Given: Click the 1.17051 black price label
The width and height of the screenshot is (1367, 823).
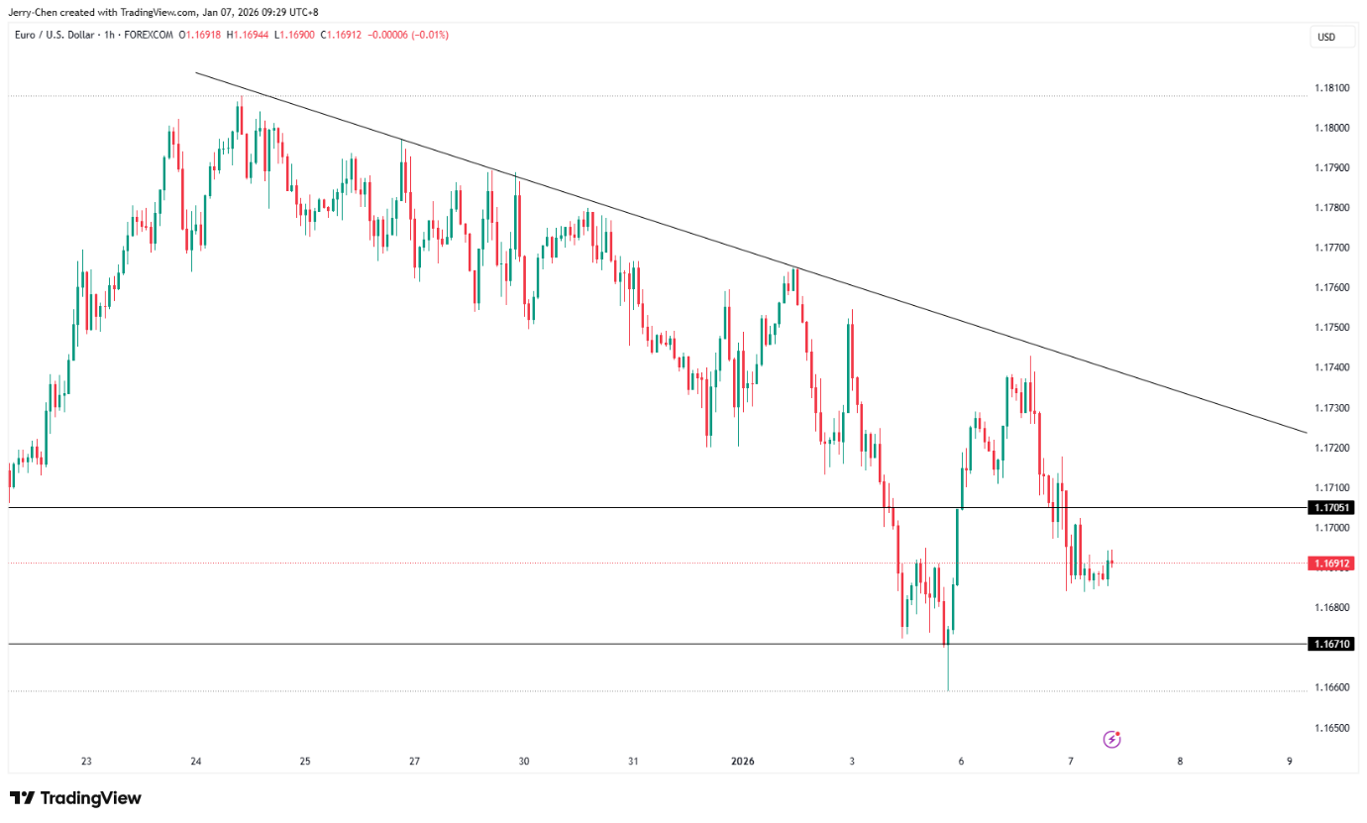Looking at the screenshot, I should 1331,508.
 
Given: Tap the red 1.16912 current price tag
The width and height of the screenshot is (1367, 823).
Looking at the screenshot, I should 1331,564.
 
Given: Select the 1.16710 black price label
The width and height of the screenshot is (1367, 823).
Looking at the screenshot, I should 1331,644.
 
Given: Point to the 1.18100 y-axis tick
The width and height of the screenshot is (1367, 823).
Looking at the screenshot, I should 1330,88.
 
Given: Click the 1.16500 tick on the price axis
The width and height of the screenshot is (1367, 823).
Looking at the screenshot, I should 1330,728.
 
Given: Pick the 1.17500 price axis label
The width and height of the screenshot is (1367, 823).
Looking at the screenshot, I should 1330,328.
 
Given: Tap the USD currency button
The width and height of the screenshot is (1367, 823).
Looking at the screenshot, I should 1325,38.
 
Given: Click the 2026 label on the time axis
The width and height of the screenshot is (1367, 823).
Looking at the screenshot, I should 742,762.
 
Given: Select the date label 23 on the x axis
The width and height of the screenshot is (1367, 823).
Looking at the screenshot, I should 87,762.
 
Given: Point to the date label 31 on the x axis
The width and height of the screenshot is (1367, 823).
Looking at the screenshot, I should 633,762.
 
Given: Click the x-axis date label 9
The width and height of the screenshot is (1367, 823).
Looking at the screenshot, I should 1289,762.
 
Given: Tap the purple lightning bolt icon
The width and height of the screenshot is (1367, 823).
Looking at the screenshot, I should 1112,739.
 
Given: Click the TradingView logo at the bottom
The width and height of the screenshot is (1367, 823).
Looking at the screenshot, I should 76,798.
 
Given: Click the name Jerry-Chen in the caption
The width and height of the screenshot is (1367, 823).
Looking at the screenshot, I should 35,12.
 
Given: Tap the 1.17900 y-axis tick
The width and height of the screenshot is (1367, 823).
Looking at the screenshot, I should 1330,167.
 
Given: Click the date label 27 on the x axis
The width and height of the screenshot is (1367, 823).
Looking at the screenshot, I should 414,762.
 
